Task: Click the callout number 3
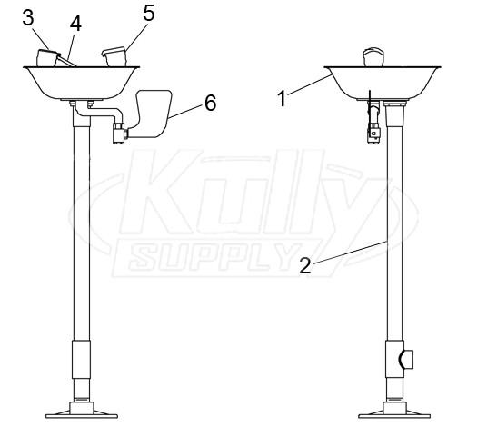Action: [28, 18]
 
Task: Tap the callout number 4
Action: [75, 24]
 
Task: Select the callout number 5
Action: [149, 14]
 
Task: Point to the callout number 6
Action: [211, 103]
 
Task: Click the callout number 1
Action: [282, 98]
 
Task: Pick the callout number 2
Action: [305, 265]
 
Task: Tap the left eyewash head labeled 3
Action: [48, 58]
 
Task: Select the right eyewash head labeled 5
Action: [114, 56]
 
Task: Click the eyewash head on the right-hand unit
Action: [374, 57]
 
